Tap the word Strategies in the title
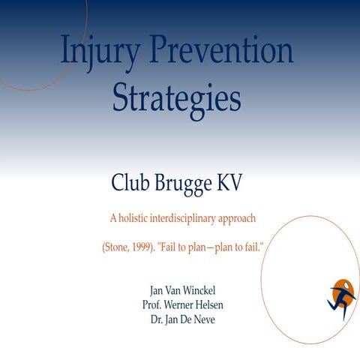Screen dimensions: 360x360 click(177, 97)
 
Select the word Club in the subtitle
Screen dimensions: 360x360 click(131, 181)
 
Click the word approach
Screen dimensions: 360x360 click(238, 220)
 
